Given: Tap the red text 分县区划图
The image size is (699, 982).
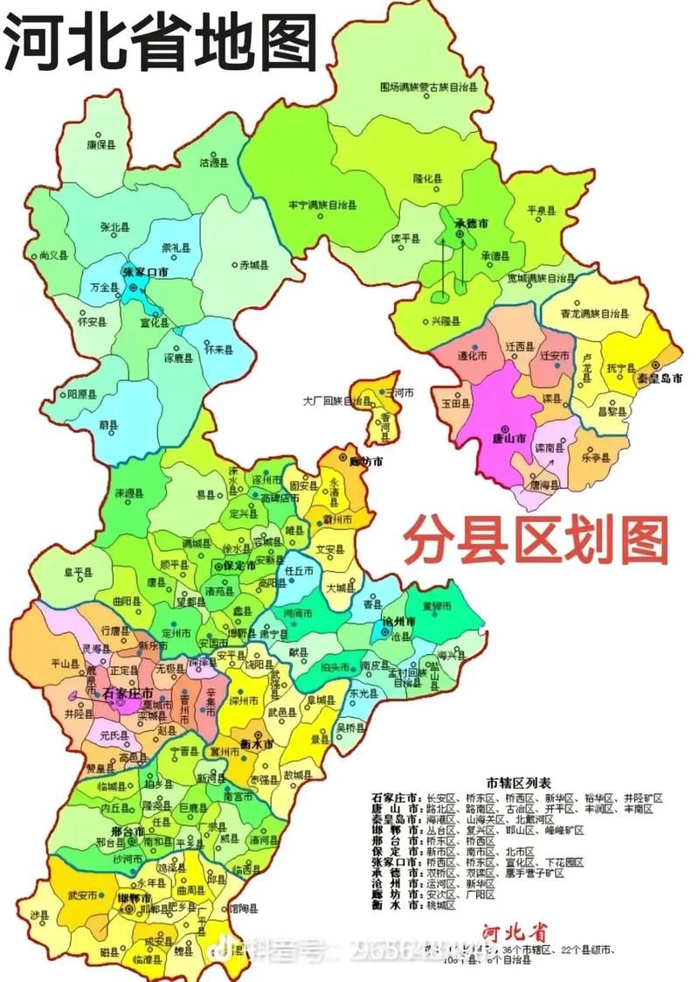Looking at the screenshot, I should (534, 540).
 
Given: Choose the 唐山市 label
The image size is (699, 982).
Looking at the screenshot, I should (509, 437).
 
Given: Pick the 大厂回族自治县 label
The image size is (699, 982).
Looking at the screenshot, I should (337, 401).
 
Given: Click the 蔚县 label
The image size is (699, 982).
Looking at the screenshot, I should (108, 424).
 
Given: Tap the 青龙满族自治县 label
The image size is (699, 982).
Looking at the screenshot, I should (594, 312).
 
